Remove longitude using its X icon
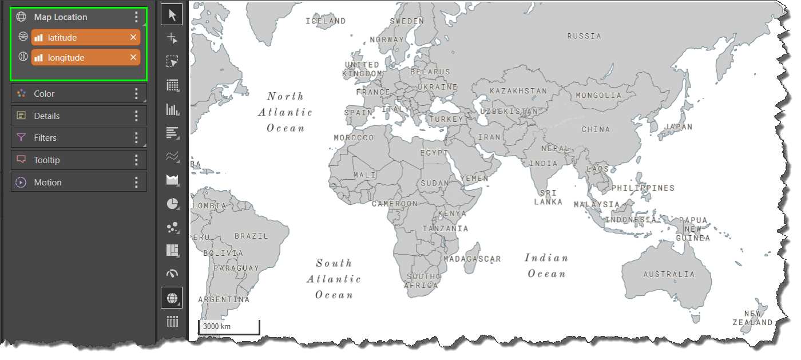(x=133, y=57)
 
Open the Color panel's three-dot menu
(x=136, y=94)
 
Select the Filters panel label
(x=45, y=138)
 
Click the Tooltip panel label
(x=47, y=160)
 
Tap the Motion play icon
(x=21, y=183)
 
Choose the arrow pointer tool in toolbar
(x=172, y=14)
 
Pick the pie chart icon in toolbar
(x=172, y=204)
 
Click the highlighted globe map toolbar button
(x=172, y=298)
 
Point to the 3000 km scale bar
(x=229, y=327)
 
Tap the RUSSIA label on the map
(x=584, y=36)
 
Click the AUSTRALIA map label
(x=668, y=274)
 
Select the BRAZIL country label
(x=251, y=236)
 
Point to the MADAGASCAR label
(x=472, y=259)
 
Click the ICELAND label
(x=326, y=21)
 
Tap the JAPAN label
(x=679, y=127)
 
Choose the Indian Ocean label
(x=546, y=266)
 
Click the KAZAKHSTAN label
(x=518, y=91)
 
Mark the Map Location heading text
(x=61, y=17)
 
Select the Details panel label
(x=47, y=116)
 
